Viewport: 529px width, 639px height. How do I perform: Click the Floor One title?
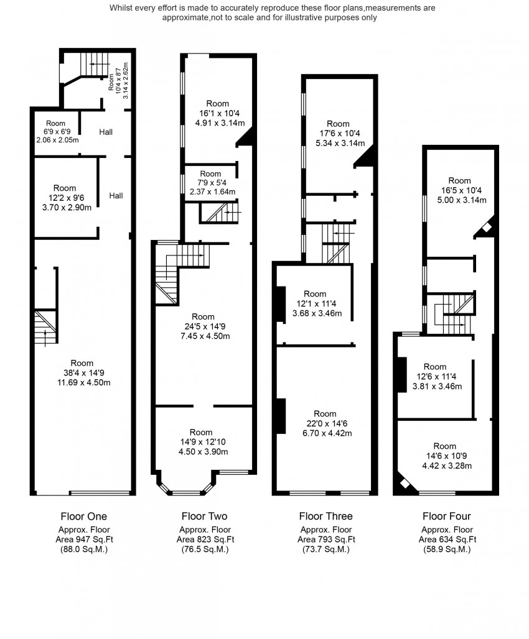point(83,516)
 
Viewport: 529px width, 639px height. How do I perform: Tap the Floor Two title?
point(204,516)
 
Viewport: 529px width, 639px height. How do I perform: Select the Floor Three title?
point(325,516)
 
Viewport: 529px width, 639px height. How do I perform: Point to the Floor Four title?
point(446,516)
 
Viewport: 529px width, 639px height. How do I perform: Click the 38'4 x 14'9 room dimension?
point(82,373)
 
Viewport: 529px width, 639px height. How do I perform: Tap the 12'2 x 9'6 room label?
point(65,198)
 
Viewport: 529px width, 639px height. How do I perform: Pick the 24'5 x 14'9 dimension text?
point(204,327)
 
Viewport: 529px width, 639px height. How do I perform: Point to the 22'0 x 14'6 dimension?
point(325,423)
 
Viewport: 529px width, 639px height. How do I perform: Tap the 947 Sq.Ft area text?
point(83,540)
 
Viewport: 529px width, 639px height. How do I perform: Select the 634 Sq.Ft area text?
point(446,540)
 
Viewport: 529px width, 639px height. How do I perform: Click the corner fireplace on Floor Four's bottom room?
point(405,484)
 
